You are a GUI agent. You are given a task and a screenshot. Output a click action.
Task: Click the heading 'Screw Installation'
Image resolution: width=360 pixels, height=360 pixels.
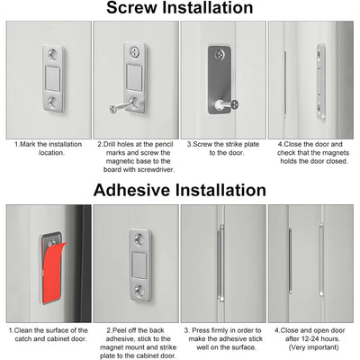(180, 9)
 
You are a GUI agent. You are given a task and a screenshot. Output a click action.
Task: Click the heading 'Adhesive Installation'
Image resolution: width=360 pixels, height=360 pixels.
(180, 190)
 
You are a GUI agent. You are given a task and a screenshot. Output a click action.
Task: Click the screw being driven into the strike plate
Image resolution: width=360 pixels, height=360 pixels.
(233, 103)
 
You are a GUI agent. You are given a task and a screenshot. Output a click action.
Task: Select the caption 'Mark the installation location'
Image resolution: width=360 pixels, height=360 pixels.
(49, 148)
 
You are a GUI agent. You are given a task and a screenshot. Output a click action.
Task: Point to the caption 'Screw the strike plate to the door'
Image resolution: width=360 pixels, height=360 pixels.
(220, 148)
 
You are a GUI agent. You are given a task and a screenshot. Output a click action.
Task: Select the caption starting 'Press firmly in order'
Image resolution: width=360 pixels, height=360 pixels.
(221, 337)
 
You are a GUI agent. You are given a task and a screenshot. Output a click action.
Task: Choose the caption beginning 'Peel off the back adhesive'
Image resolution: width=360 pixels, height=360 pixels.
(135, 342)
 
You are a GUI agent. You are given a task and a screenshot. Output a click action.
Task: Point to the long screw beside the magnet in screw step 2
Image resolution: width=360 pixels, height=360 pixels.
(121, 108)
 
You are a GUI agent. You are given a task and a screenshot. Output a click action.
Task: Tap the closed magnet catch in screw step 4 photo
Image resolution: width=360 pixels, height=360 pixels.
(321, 83)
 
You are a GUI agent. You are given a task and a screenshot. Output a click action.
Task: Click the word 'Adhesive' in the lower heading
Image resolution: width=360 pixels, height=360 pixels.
(132, 190)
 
